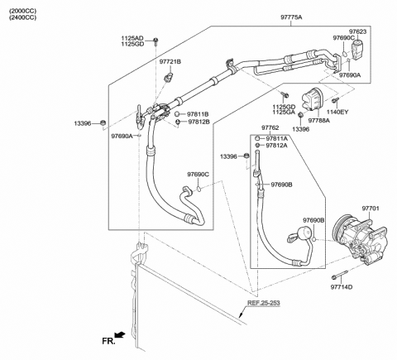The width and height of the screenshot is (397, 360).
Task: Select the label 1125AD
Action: point(132,37)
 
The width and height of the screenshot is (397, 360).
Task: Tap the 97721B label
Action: point(170,62)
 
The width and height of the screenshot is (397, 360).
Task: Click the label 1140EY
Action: point(339,112)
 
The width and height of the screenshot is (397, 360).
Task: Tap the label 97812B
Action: point(198,122)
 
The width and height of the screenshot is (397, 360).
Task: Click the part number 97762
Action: point(273,128)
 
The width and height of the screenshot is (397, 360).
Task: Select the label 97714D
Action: point(342,287)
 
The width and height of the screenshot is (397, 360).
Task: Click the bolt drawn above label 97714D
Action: point(337,276)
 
